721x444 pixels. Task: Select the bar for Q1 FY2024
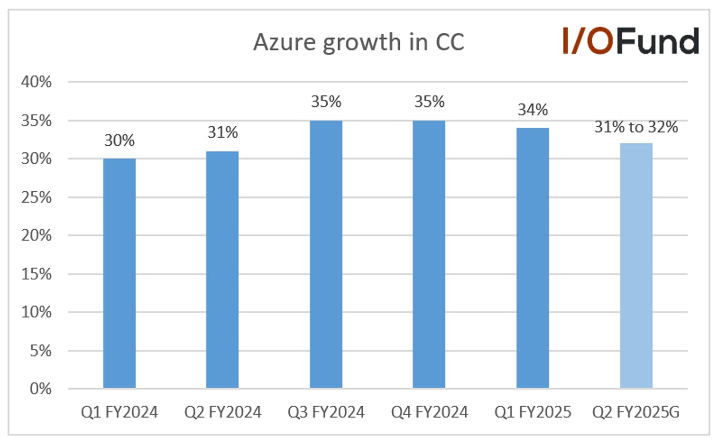click(x=120, y=273)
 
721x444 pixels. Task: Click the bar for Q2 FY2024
click(x=222, y=270)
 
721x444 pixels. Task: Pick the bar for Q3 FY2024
click(x=326, y=254)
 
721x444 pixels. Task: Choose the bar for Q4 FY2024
click(x=429, y=254)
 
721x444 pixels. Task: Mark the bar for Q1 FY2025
click(x=533, y=258)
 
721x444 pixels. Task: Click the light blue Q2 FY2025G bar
click(x=636, y=266)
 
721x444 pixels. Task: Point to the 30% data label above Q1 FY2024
click(x=120, y=140)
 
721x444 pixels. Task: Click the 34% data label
click(x=533, y=110)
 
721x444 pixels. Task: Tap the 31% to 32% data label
click(x=636, y=127)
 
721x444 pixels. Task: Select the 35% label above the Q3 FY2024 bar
click(x=326, y=102)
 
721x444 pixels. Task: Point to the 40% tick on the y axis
click(x=36, y=82)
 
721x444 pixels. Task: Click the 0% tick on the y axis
click(x=40, y=389)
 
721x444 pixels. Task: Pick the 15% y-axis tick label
click(x=36, y=274)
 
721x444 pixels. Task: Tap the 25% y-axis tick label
click(x=36, y=197)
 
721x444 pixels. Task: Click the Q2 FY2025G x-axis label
click(x=636, y=412)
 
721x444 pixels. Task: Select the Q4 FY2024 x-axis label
click(x=430, y=412)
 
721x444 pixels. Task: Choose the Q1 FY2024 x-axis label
click(x=120, y=412)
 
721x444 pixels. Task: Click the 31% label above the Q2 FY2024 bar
click(x=222, y=132)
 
